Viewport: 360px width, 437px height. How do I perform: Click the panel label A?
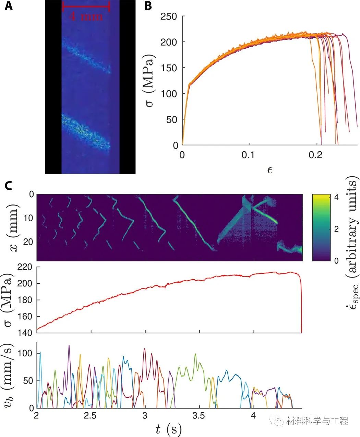pos(8,6)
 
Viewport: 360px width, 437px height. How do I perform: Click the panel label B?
pos(148,6)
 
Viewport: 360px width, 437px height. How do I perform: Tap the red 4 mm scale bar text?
pos(86,16)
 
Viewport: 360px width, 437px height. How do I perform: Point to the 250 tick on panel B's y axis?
pos(169,16)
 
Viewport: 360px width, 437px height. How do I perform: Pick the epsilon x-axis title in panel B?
pos(270,169)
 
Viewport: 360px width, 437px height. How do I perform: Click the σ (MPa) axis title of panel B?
pos(149,80)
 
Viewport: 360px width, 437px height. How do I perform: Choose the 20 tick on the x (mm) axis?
pos(29,242)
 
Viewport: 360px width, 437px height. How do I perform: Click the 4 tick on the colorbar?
pos(336,198)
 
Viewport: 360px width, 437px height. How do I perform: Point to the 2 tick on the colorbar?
pos(336,229)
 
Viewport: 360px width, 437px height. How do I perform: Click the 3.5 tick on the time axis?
pos(199,416)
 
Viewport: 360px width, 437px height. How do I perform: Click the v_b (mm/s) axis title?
pos(10,375)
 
